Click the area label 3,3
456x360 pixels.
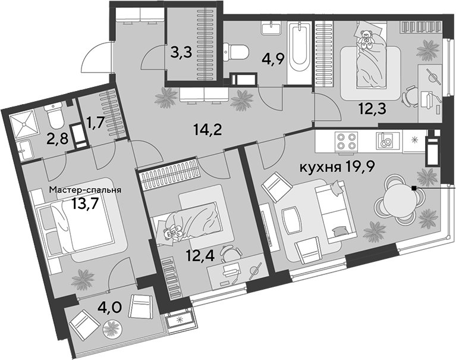181,53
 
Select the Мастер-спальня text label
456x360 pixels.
85,190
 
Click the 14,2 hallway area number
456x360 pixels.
207,130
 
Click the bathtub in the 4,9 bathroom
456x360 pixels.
300,48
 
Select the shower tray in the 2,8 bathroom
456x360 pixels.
23,124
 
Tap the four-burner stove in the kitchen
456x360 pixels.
347,141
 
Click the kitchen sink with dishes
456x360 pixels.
386,140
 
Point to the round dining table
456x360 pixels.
400,200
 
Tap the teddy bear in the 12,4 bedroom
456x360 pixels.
172,232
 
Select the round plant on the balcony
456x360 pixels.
113,328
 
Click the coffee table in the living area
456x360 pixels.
291,221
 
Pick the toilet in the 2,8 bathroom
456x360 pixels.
55,117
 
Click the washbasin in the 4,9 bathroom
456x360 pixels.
271,28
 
